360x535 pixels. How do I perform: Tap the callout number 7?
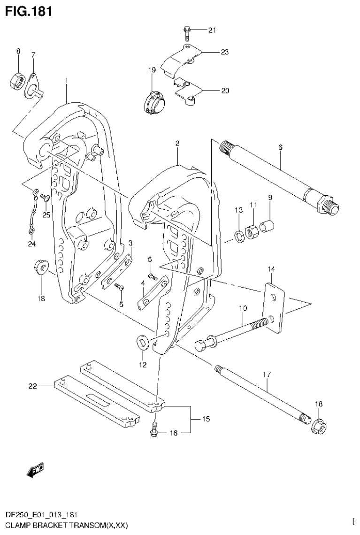(33, 55)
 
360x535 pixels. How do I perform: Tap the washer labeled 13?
(239, 236)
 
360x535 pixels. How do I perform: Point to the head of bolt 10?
(200, 346)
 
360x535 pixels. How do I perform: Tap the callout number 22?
(32, 386)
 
